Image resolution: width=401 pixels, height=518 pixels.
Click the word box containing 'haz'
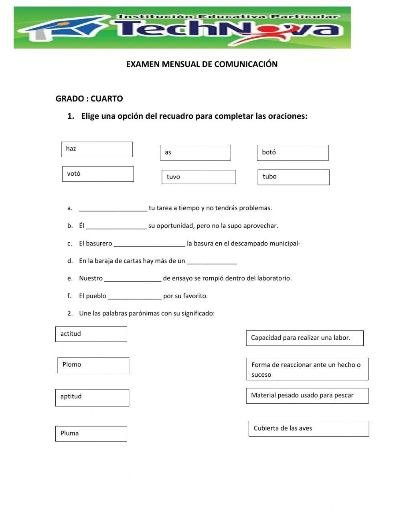pos(97,149)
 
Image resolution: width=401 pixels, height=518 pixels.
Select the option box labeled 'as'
pos(195,152)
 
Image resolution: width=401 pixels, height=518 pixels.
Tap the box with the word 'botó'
pos(292,153)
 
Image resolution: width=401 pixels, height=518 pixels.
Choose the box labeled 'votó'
pos(98,174)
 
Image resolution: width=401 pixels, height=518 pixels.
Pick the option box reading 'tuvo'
pos(198,177)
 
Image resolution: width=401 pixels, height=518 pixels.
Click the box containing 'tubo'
pos(294,177)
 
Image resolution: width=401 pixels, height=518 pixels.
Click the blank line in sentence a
pos(113,208)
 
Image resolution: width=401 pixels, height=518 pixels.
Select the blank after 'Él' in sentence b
pos(116,226)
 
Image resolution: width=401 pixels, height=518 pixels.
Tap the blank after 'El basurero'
pos(150,244)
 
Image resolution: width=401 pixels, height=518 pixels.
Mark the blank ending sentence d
pos(212,261)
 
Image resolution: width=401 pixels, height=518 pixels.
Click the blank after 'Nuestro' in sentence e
pos(133,278)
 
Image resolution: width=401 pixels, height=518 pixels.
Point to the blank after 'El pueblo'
pos(135,296)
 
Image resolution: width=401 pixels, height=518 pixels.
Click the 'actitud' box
pos(91,334)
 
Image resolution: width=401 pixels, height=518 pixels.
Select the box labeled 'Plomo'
pos(93,365)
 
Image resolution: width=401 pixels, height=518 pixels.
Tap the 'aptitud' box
pos(92,397)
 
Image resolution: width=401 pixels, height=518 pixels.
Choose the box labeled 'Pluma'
pos(91,434)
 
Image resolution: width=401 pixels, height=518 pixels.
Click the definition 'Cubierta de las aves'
pos(308,429)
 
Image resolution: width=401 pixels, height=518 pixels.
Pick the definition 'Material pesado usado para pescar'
pos(307,396)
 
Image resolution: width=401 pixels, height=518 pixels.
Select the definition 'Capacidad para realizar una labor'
pos(305,338)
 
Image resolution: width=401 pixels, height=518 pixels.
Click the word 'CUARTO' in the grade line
pos(107,99)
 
